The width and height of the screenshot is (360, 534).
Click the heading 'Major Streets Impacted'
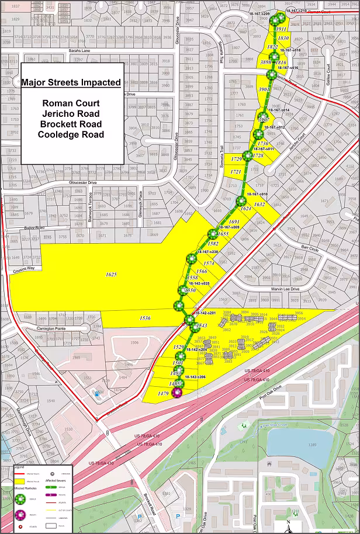pos(71,82)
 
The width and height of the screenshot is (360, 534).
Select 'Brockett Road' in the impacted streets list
pos(71,124)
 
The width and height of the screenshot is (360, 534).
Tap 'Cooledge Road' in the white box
pos(71,134)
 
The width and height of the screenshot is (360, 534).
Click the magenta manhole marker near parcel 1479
pos(175,392)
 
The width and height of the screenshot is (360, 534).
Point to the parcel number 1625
pos(112,274)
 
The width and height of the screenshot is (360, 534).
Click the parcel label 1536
pos(145,318)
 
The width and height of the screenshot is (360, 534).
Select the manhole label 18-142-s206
pos(195,377)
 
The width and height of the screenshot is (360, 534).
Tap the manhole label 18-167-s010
pos(257,193)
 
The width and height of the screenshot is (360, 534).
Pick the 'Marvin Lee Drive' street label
pos(285,289)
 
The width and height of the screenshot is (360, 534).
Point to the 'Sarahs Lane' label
pos(79,51)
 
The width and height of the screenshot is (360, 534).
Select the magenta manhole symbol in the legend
pos(20,514)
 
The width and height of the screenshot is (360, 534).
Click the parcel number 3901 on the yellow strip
pos(263,89)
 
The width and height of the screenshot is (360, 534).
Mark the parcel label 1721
pos(236,172)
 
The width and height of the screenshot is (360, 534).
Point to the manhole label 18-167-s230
pos(207,251)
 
